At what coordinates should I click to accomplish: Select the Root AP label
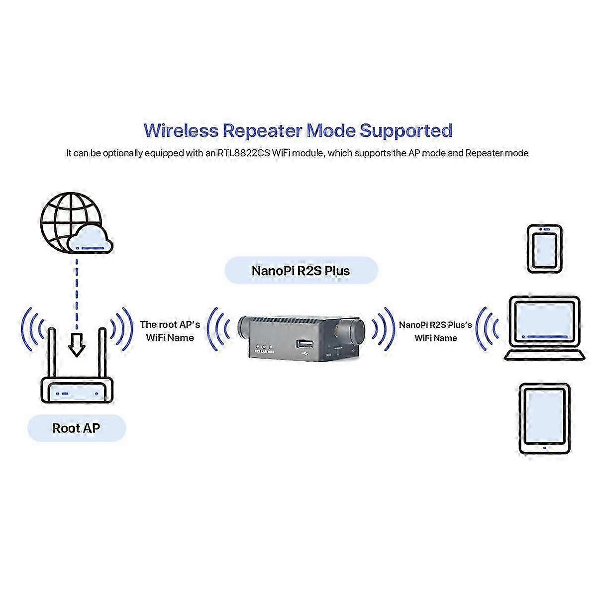tap(76, 428)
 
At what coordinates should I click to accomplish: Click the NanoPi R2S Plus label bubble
tap(301, 271)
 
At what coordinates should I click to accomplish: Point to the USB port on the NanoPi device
tap(305, 344)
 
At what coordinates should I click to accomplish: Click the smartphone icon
tap(545, 249)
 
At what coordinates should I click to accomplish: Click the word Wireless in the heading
tap(181, 131)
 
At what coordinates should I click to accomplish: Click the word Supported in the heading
tap(405, 131)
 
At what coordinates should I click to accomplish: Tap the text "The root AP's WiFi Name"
tap(170, 331)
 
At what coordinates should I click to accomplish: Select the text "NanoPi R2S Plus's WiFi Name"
tap(435, 331)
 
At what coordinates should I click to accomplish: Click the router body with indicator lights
tap(77, 392)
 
